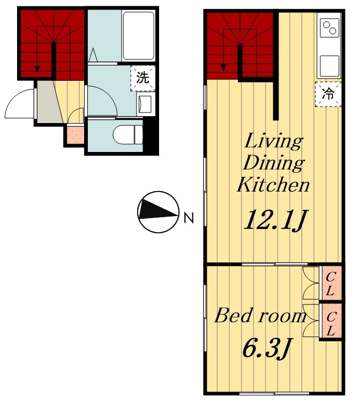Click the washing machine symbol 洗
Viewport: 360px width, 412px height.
coord(143,78)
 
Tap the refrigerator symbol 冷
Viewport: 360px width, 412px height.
coord(328,94)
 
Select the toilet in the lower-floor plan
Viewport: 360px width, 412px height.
coord(128,134)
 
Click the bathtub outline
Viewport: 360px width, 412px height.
coord(138,35)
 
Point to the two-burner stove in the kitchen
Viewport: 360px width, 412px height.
coord(330,28)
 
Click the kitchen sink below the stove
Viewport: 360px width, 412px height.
coord(329,66)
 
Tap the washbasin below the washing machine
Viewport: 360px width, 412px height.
coord(144,104)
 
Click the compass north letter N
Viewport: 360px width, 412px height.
coord(189,218)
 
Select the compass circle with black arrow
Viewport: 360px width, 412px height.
coord(158,212)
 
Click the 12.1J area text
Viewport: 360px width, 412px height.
coord(275,220)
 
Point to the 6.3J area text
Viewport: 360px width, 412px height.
coord(267,348)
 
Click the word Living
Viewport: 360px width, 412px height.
coord(274,141)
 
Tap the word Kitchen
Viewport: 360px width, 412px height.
coord(273,185)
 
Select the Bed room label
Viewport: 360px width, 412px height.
coord(260,315)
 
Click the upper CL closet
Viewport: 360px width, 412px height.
coord(330,283)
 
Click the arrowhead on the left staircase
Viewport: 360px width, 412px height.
coord(37,69)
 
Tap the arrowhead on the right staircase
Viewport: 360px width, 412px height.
coord(223,68)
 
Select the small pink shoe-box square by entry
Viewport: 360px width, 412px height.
coord(76,135)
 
